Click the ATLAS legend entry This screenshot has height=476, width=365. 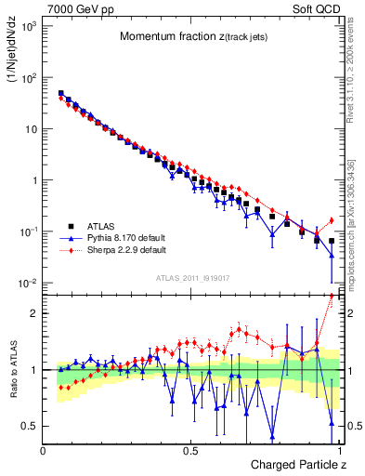101,226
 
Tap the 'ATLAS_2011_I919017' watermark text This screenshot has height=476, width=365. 193,276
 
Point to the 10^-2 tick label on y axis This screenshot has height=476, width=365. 27,283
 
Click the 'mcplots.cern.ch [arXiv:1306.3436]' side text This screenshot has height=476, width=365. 357,214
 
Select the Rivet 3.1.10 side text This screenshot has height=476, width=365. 357,65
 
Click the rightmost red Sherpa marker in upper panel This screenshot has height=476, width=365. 332,220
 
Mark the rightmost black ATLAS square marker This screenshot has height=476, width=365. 332,240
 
